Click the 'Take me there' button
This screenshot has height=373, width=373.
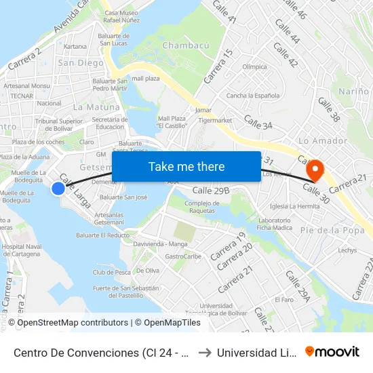click(x=186, y=166)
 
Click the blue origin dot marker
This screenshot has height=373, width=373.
click(x=58, y=189)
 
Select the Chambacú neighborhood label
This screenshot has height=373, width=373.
click(x=185, y=45)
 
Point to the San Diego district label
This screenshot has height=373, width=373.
click(x=81, y=63)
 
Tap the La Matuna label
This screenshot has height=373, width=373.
click(x=96, y=107)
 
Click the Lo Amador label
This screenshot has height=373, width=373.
click(x=323, y=141)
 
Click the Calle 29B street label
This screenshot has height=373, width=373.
click(x=212, y=191)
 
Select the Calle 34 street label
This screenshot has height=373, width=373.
click(x=258, y=123)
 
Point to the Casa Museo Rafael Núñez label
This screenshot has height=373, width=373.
click(x=121, y=17)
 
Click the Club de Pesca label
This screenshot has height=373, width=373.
click(x=112, y=273)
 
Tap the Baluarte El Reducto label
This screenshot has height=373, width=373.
click(x=102, y=235)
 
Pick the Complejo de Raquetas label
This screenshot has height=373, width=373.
click(x=202, y=207)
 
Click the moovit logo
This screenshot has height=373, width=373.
click(x=332, y=351)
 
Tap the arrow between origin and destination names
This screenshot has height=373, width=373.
click(x=204, y=352)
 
